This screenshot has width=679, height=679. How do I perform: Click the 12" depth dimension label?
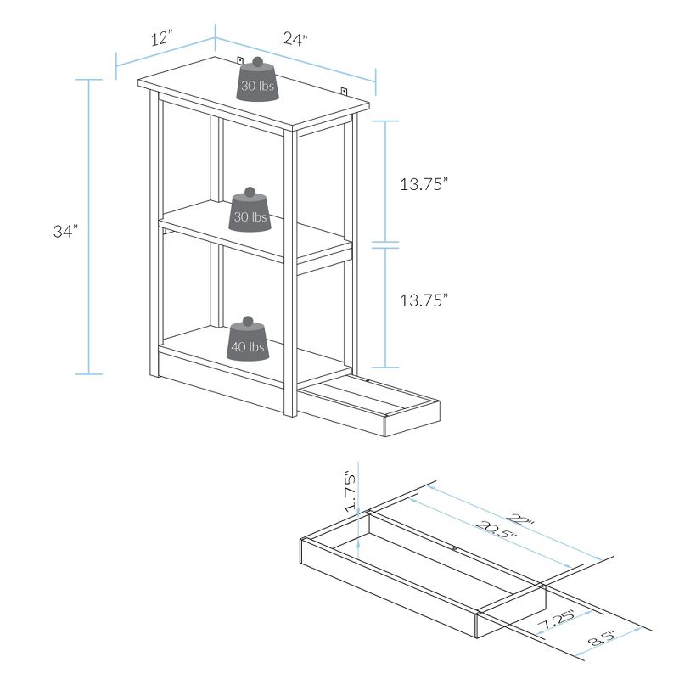[x=161, y=38]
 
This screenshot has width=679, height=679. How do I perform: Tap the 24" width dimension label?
[x=294, y=39]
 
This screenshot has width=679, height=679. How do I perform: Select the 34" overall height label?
[x=65, y=230]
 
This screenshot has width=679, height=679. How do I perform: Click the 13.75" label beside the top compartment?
[x=424, y=185]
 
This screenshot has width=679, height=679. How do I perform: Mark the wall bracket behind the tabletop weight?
[x=241, y=60]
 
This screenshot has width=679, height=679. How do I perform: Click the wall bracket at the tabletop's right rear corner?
[x=345, y=91]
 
